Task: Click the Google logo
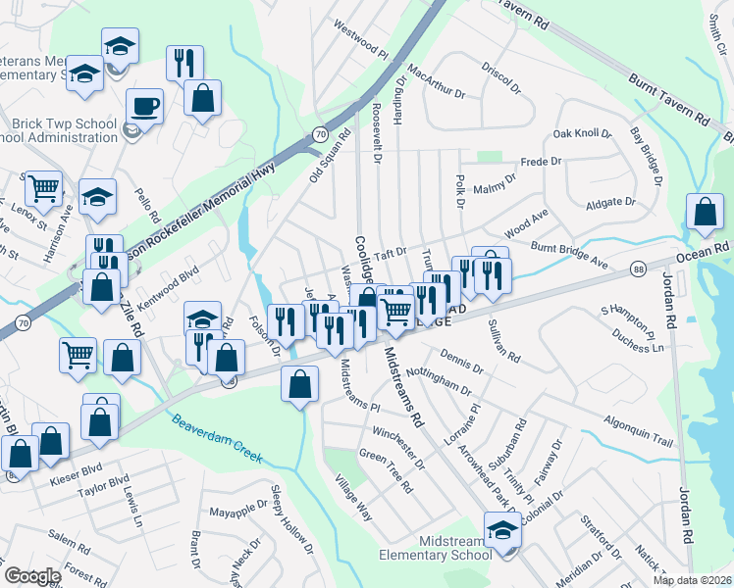32,576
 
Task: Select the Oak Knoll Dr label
582,133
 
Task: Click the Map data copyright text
693,579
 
